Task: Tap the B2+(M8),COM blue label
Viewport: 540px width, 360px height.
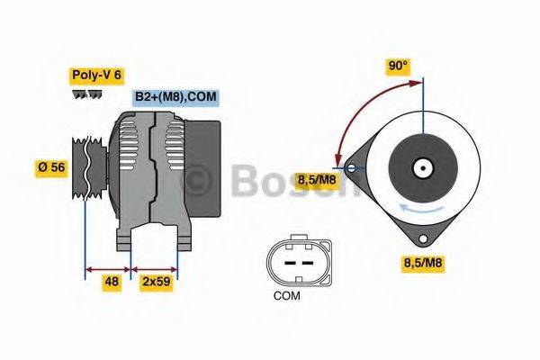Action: click(x=175, y=96)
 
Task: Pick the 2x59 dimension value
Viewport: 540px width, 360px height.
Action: click(x=155, y=282)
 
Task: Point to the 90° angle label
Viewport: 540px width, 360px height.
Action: click(x=398, y=66)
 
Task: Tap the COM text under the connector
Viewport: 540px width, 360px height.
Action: click(x=288, y=295)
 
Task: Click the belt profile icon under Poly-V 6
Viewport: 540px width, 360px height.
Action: click(x=88, y=94)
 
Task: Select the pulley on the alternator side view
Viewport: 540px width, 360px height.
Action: click(x=86, y=167)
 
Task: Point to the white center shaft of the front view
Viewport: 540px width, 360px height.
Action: click(x=421, y=167)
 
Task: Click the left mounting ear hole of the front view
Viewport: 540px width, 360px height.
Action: click(x=350, y=166)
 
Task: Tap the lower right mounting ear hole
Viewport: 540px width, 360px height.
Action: click(x=421, y=238)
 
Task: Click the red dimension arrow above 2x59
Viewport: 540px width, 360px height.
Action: click(x=155, y=268)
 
